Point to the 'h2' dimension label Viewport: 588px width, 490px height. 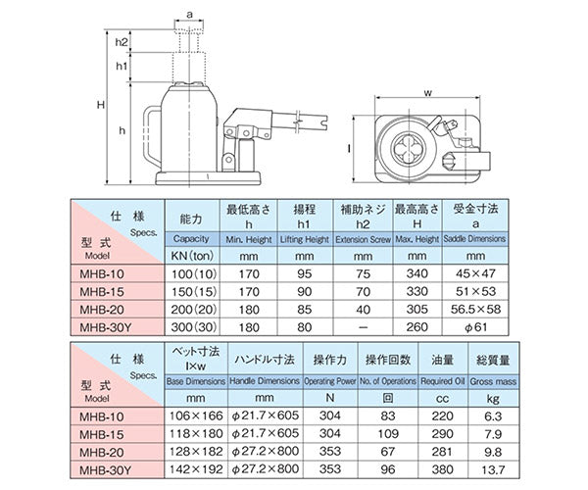tap(121, 43)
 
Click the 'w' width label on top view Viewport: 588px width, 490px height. tap(428, 95)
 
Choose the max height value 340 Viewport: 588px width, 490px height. tap(416, 274)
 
